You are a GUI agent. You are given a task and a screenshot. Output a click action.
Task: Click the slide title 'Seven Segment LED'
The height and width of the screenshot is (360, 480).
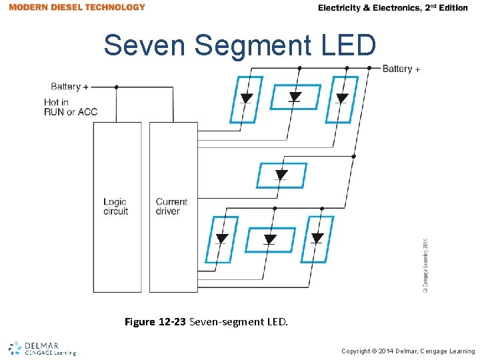click(x=240, y=45)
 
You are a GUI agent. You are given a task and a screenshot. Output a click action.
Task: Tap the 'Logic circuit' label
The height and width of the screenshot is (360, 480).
click(x=115, y=207)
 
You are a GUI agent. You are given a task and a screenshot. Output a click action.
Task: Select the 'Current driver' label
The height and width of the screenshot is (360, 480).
click(x=171, y=207)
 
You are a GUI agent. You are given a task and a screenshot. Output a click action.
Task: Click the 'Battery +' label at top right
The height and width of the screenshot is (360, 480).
click(x=401, y=69)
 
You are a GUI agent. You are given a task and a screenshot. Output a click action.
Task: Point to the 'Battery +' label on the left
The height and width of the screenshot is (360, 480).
click(x=69, y=87)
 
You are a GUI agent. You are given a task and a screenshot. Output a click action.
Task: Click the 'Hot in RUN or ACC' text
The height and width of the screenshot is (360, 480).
click(x=71, y=107)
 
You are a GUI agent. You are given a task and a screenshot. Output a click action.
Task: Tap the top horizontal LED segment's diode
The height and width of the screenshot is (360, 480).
click(x=295, y=97)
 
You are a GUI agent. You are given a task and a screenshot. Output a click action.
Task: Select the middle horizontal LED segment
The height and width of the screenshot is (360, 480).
click(x=281, y=175)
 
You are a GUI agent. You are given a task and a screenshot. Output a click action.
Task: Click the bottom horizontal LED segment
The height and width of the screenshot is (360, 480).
click(x=271, y=239)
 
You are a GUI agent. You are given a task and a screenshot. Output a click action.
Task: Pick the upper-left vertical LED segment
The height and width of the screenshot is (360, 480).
click(x=246, y=99)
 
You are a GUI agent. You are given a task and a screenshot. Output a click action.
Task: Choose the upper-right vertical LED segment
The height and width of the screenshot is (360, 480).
click(x=342, y=99)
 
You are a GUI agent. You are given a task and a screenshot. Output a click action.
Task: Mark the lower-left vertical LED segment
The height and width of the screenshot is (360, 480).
click(x=222, y=239)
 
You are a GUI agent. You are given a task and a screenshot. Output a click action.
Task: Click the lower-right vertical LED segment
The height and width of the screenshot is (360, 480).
click(x=317, y=239)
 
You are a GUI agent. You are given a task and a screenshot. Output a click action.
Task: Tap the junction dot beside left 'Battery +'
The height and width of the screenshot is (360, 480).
click(x=117, y=87)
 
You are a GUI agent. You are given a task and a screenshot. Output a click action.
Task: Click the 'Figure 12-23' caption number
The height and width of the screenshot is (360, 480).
click(x=156, y=322)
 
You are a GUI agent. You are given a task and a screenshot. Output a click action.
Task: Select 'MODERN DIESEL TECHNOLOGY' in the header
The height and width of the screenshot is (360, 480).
click(x=77, y=7)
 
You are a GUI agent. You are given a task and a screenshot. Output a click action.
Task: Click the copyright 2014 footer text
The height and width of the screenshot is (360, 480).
click(x=408, y=351)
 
